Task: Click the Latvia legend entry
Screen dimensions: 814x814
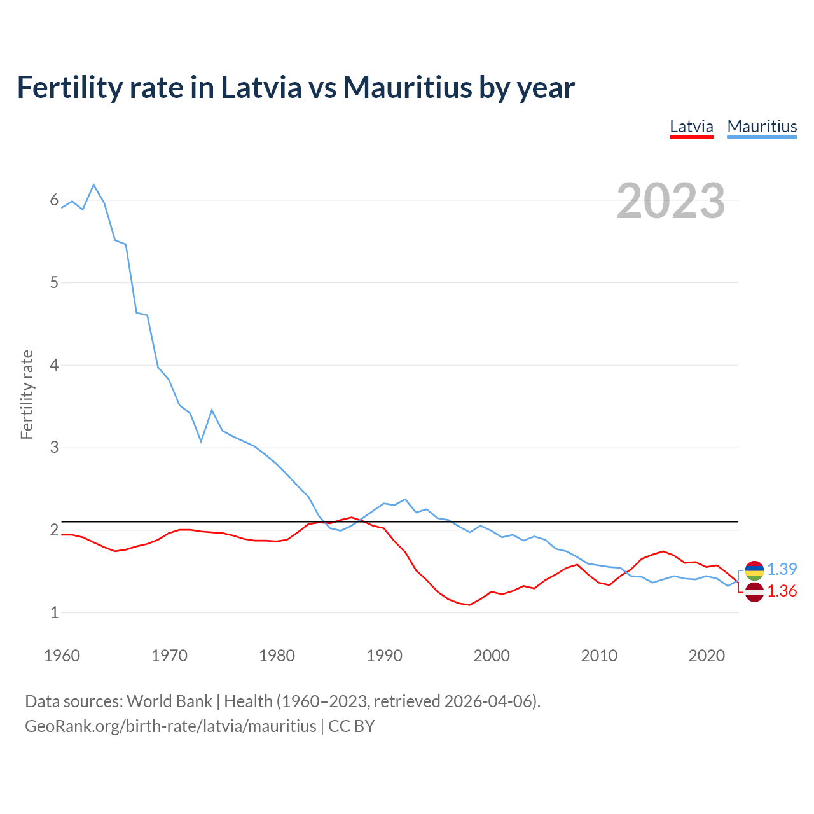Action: (x=691, y=127)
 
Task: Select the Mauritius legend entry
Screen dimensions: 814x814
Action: (x=762, y=127)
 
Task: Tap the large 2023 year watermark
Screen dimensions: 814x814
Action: (x=670, y=201)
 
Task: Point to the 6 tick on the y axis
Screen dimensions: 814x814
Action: (x=54, y=200)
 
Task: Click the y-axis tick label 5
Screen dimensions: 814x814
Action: (x=54, y=282)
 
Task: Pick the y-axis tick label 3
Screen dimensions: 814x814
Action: (x=54, y=448)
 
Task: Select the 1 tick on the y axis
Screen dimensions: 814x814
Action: (x=54, y=612)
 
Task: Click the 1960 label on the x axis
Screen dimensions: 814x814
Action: (x=62, y=656)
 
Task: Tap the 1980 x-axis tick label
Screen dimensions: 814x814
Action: (x=277, y=656)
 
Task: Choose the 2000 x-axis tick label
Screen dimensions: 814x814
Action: (x=492, y=656)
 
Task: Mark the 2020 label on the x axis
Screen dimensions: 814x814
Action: (x=707, y=656)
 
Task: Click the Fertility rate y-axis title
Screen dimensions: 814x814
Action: (x=27, y=394)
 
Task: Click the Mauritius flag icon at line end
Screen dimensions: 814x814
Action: (x=754, y=570)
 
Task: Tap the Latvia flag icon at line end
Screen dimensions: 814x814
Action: (x=754, y=591)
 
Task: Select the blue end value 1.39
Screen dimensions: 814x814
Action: (x=782, y=570)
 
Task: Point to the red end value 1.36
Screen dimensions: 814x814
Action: (x=782, y=591)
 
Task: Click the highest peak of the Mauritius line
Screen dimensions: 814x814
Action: (x=93, y=184)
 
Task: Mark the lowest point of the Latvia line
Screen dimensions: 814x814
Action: (x=469, y=605)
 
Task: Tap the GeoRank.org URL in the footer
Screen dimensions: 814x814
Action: (x=170, y=726)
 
